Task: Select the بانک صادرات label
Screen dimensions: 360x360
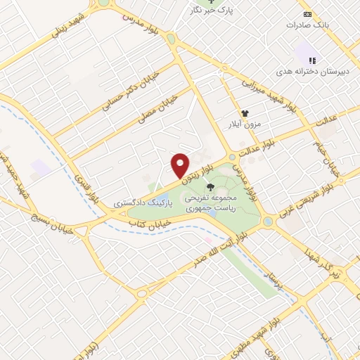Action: pos(308,25)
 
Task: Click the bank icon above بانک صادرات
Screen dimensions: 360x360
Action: pos(307,13)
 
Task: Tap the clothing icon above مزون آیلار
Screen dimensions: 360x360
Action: pos(245,113)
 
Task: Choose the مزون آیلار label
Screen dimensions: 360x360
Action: pos(242,124)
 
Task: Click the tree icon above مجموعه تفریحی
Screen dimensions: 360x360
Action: pos(211,187)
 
